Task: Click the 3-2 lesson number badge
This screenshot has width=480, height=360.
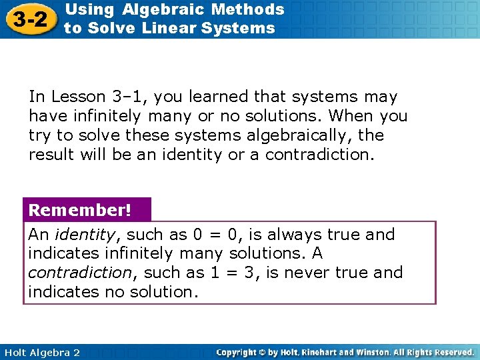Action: point(29,19)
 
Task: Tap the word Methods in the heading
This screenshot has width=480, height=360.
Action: point(255,9)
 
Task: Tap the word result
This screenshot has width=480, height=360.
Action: point(51,155)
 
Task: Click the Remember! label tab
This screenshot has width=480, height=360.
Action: point(79,211)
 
